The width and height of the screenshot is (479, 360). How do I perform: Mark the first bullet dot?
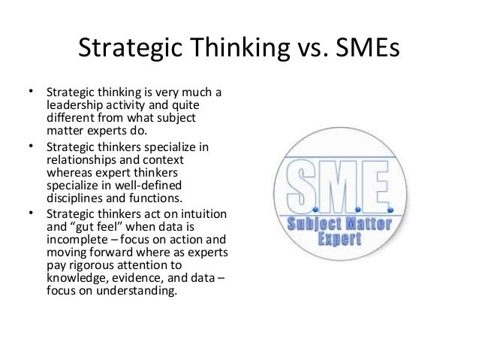[31, 92]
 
